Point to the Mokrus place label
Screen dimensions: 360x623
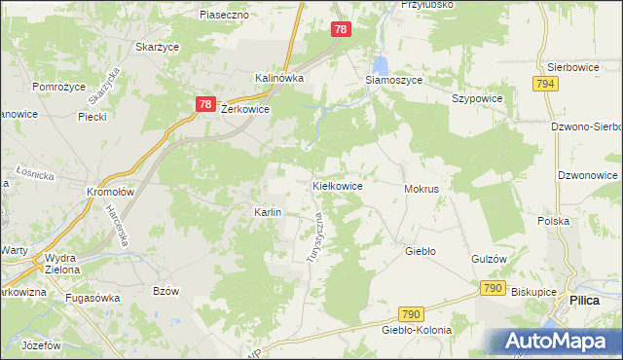click(421, 189)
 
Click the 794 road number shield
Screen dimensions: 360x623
click(545, 85)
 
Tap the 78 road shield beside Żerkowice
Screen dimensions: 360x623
click(204, 104)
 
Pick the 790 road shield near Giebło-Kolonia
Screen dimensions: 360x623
click(411, 313)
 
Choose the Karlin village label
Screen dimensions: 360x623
click(268, 212)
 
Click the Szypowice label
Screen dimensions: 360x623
click(477, 99)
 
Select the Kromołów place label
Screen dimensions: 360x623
click(109, 192)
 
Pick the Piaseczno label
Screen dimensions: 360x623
click(225, 16)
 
